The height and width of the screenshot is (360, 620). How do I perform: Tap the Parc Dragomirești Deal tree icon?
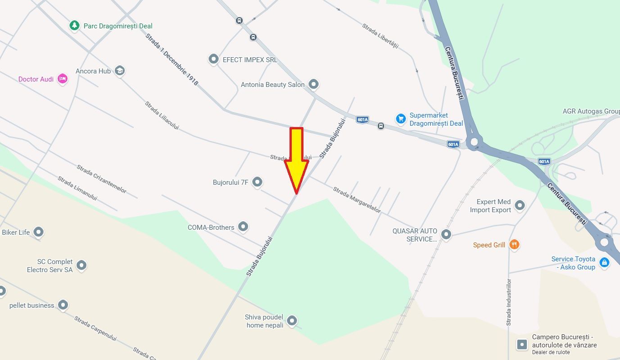pos(74,26)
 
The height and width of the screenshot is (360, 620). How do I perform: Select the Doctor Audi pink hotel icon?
pos(63,79)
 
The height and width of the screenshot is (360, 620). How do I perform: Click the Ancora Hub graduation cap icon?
pos(119,71)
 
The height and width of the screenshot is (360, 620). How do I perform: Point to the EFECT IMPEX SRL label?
pos(250,59)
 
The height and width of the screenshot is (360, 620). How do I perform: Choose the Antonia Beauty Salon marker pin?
pos(313,84)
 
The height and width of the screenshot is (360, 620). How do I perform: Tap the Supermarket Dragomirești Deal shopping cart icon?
pos(400,118)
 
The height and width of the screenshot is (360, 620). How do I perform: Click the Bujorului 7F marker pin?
pos(257,182)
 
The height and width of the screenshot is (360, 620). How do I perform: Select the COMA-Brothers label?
pos(211,228)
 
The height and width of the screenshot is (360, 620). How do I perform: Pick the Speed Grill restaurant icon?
pos(514,245)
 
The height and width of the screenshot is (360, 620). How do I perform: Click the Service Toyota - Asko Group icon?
pos(604,262)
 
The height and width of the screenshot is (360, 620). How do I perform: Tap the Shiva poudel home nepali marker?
pos(292,321)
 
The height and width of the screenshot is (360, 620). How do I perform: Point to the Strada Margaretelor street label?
pos(357,200)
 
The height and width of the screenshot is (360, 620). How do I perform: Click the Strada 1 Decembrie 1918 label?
pos(172,59)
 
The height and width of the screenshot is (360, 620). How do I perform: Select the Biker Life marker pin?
pos(38,232)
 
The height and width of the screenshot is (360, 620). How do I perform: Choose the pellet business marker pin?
pos(63,305)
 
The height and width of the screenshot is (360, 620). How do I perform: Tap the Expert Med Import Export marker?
pos(520,205)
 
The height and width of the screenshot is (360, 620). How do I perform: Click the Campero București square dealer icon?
pos(522,345)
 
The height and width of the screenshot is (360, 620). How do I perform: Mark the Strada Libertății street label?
pos(380,36)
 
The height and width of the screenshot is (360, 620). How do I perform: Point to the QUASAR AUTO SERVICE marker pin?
pos(446,234)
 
